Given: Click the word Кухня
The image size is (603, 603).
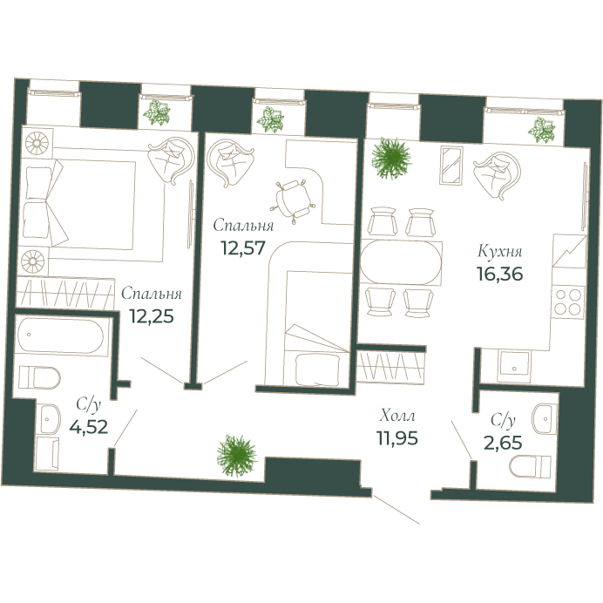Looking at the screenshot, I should tap(499, 251).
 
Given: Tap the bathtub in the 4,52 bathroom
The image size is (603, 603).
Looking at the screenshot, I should tap(62, 335).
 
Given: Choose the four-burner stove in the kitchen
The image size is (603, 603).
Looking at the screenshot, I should tap(569, 303).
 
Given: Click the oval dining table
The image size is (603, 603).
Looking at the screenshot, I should tap(402, 262).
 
